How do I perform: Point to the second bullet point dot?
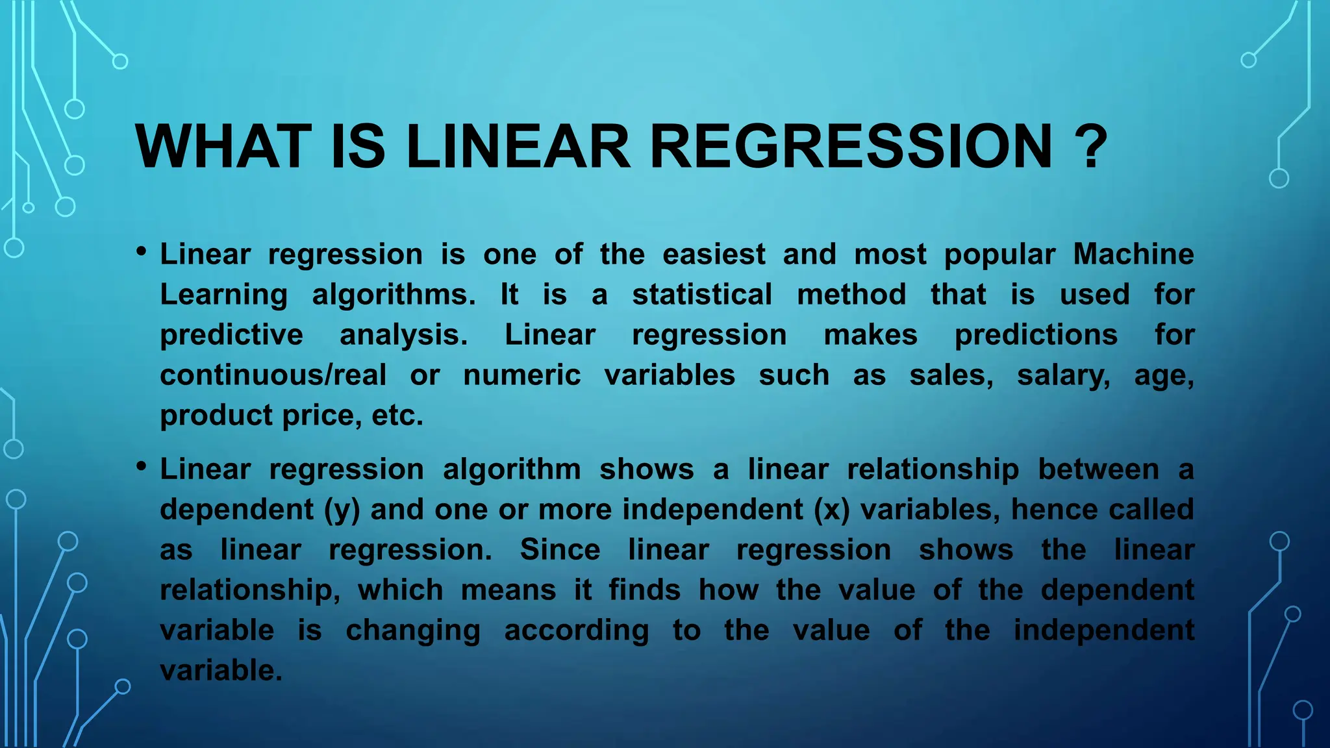coord(141,466)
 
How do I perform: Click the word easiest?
coord(714,254)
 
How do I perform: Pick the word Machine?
coord(1133,254)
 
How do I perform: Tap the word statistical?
coord(702,294)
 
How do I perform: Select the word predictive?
coord(232,335)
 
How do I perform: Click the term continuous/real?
coord(273,375)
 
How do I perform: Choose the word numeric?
coord(521,375)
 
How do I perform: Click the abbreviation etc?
coord(397,416)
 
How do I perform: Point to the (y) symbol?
coord(342,510)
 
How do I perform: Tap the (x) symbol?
coord(832,510)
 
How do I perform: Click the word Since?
coord(560,550)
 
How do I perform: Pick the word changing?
coord(413,630)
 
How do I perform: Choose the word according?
coord(576,630)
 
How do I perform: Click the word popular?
coord(999,254)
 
